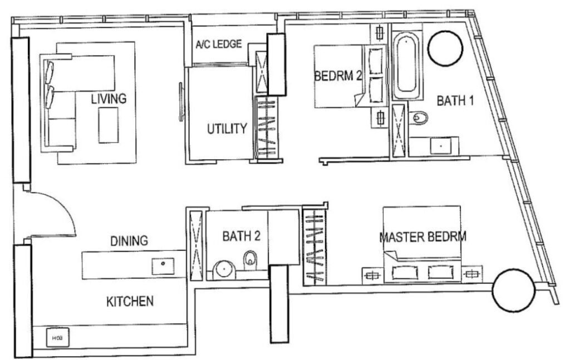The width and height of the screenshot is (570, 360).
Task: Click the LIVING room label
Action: coord(109,98)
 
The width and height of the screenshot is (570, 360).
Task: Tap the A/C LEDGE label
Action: coord(218,44)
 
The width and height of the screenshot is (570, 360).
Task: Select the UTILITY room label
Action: coord(227,129)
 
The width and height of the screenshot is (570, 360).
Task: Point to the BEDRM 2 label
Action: coord(338,76)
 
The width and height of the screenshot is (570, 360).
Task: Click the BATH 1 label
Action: coord(455,101)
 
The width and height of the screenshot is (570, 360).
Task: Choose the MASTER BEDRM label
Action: coord(423,237)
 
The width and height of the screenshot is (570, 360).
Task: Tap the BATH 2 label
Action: coord(242,236)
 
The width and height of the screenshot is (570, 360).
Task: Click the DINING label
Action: coord(129,240)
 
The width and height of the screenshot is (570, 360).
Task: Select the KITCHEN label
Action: coord(130,301)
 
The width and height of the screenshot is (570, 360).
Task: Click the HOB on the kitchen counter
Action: coord(57,338)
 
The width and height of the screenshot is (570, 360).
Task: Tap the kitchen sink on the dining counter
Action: coord(163,267)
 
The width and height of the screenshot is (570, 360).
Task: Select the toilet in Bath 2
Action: coord(250,261)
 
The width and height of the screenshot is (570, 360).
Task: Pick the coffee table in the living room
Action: coord(109,125)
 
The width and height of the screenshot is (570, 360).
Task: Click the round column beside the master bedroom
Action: coord(513,290)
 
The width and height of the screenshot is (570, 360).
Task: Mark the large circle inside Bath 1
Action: coord(445,48)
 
